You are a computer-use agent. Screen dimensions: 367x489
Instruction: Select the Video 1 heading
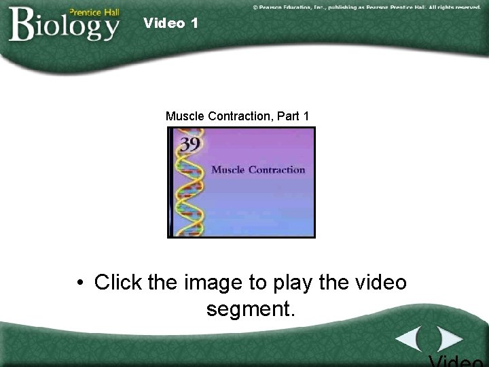[171, 23]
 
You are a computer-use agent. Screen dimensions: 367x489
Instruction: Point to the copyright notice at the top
[366, 7]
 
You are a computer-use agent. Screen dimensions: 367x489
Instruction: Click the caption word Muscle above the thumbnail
[184, 116]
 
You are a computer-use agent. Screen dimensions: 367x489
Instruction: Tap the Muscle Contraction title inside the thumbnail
[258, 169]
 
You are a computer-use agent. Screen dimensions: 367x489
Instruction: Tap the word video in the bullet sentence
[378, 281]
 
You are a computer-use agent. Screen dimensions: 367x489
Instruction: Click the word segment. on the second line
[251, 309]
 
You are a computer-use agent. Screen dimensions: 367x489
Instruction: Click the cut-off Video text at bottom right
[456, 360]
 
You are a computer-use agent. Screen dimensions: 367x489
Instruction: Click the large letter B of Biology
[22, 26]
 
